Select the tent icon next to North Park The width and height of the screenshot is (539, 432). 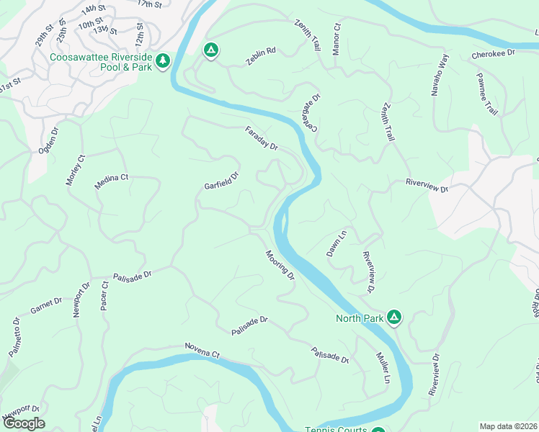[x=394, y=317]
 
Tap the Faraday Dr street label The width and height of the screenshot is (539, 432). [x=261, y=138]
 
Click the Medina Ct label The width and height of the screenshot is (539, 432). [x=111, y=181]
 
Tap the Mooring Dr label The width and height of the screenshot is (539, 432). [x=280, y=264]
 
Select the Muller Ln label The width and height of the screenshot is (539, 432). [x=383, y=367]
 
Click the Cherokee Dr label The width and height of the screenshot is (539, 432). [x=494, y=53]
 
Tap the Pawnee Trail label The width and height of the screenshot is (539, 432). [x=487, y=94]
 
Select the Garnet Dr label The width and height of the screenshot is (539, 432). [x=48, y=309]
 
